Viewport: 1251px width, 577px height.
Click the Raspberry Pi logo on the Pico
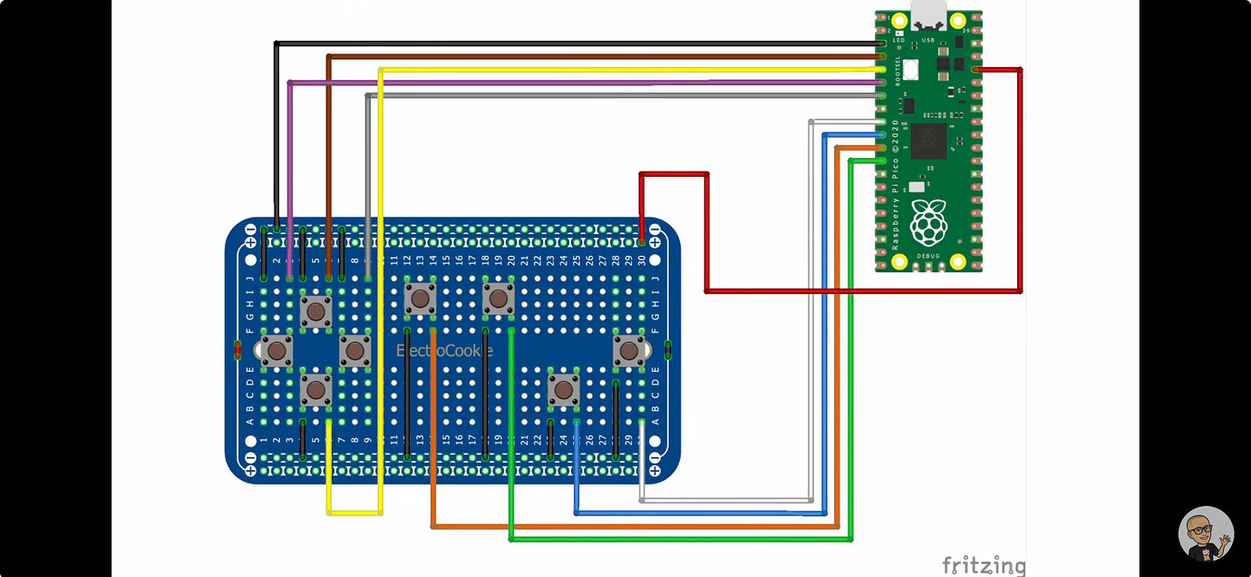click(x=928, y=221)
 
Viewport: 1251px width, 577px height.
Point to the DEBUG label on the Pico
click(x=928, y=258)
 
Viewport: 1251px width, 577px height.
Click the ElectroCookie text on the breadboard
click(x=445, y=351)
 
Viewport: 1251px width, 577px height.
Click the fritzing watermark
click(x=984, y=565)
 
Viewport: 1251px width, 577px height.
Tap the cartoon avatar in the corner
click(x=1206, y=534)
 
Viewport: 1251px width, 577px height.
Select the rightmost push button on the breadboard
click(x=628, y=351)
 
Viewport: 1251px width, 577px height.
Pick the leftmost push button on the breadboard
click(x=277, y=351)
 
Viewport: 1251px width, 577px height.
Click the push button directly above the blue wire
click(x=564, y=390)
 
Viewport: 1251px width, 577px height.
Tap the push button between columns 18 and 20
click(x=499, y=298)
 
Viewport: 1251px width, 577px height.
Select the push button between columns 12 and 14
click(x=420, y=298)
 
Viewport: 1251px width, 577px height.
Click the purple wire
click(x=580, y=83)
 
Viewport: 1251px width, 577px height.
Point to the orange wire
click(x=635, y=526)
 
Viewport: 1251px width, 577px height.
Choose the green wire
click(x=680, y=539)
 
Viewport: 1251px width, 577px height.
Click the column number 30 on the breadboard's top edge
click(x=642, y=260)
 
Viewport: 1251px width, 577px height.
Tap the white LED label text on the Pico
click(x=899, y=41)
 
